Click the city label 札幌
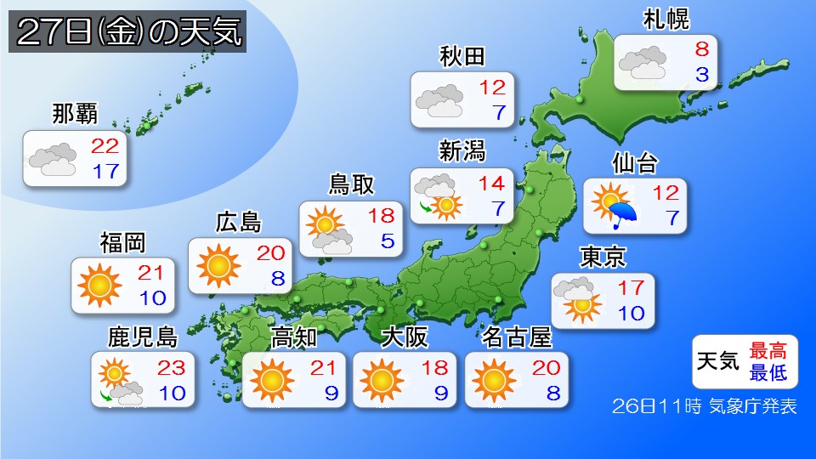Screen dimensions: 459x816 pos(666,19)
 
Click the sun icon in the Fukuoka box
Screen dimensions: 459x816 pos(99,285)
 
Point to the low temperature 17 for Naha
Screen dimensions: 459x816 pos(105,170)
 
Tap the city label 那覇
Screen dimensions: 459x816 pos(74,113)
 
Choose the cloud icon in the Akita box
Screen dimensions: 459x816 pos(439,99)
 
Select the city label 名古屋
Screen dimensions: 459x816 pos(517,337)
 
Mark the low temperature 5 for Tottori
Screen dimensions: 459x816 pos(388,241)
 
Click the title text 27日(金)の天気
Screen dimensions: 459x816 pos(128,33)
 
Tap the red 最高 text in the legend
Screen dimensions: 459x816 pos(768,350)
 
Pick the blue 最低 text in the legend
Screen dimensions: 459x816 pos(768,371)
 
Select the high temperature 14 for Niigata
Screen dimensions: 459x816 pos(490,182)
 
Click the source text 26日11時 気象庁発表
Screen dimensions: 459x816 pos(705,406)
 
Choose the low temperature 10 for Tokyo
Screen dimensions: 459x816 pos(631,313)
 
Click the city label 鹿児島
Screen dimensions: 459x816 pos(142,337)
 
